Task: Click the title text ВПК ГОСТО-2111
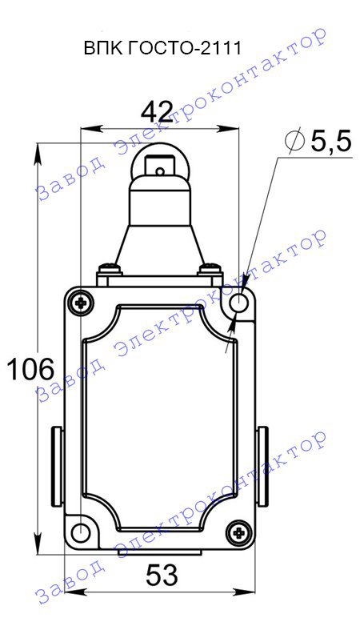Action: coord(162,49)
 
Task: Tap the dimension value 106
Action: coord(30,369)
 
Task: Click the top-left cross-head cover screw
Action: coord(82,302)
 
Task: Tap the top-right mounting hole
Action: coord(239,302)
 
